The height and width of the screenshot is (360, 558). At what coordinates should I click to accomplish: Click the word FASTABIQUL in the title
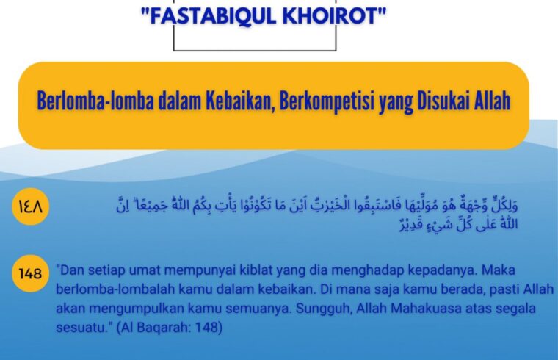(x=213, y=16)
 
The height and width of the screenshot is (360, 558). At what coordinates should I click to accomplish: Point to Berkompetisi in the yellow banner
(x=327, y=101)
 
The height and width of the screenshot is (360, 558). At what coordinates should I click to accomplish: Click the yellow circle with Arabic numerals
(x=30, y=206)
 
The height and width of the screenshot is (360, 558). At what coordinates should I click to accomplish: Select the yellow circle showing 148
(x=30, y=273)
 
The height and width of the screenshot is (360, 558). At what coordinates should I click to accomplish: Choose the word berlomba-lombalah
(x=115, y=289)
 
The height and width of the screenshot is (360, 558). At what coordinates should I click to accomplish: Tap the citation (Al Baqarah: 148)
(x=170, y=328)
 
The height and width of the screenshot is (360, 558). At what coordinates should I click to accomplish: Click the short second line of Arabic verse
(x=458, y=225)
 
